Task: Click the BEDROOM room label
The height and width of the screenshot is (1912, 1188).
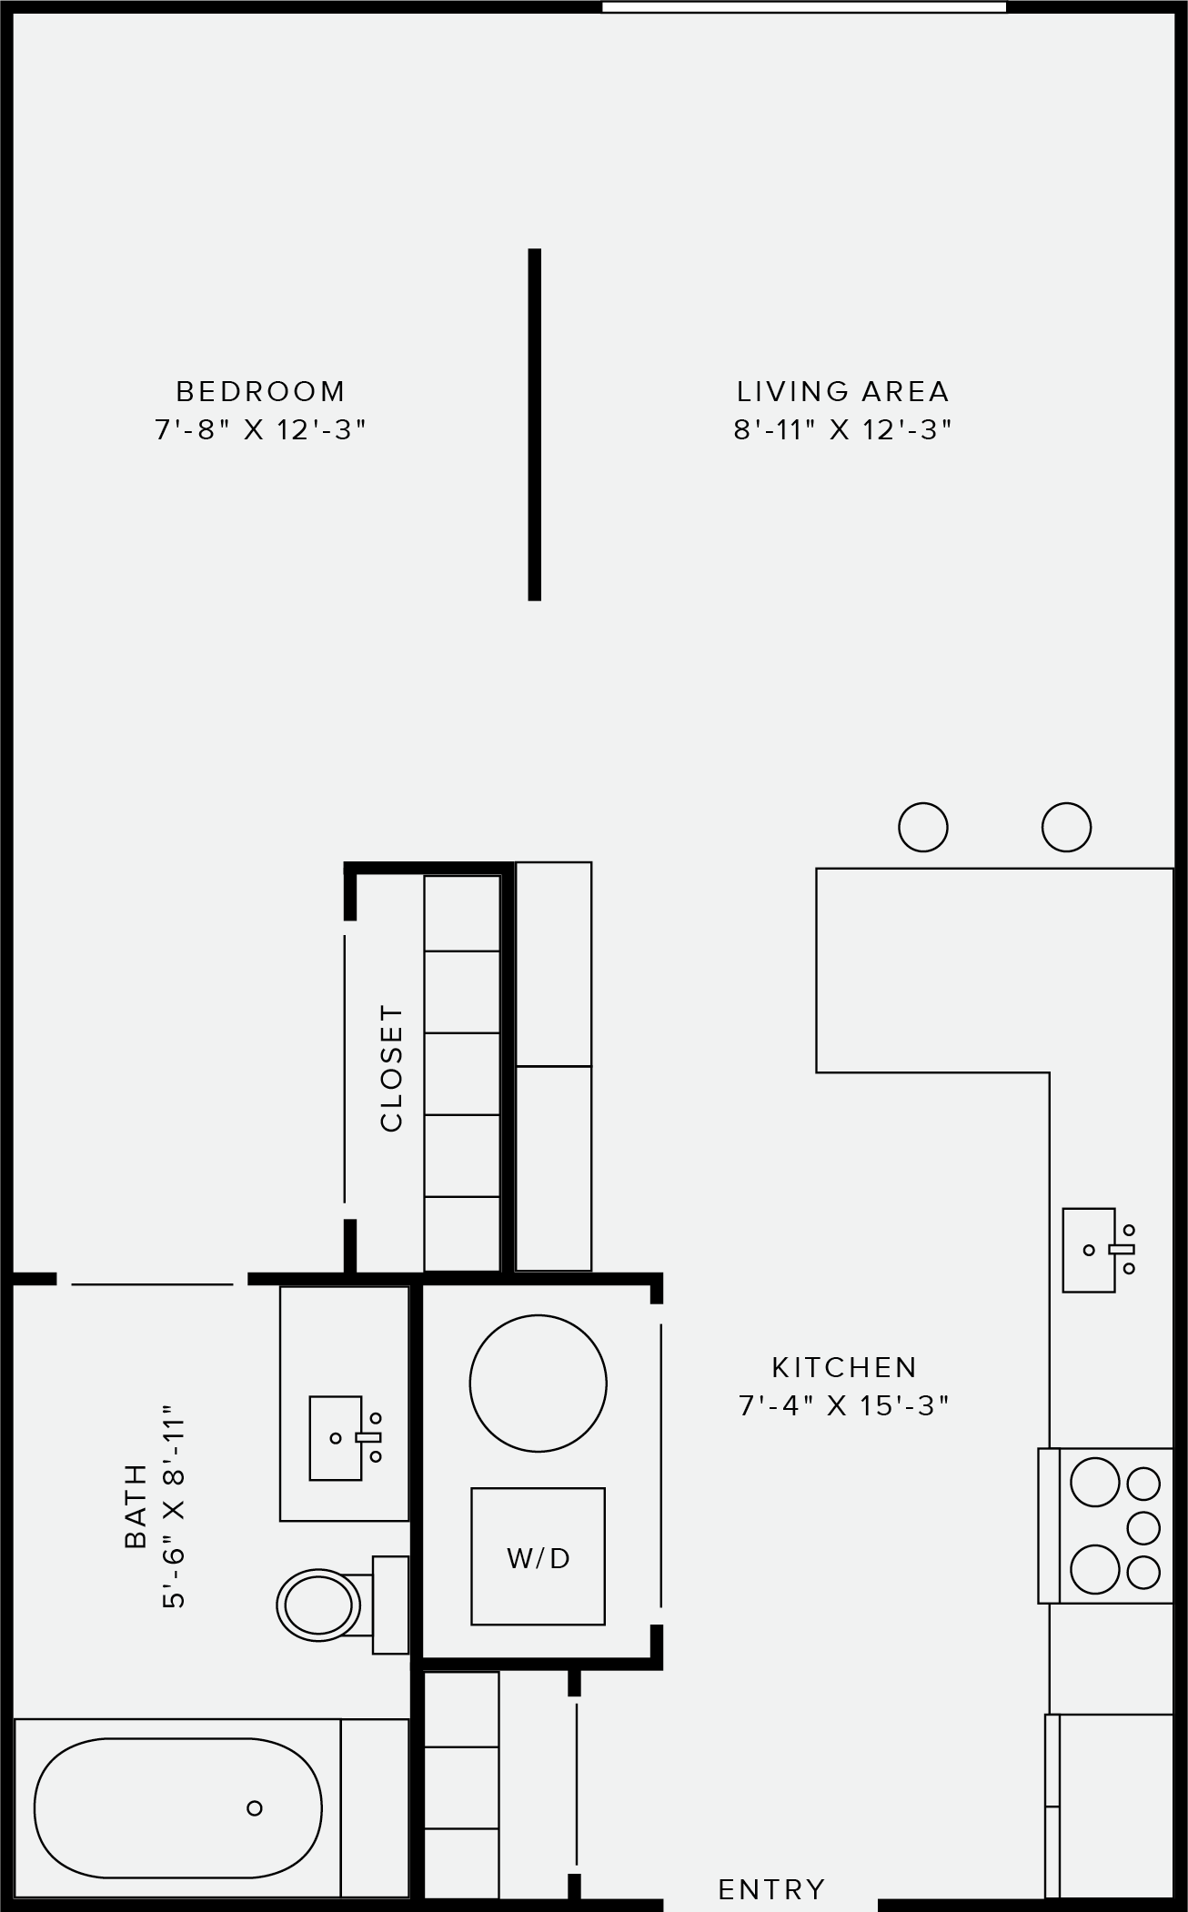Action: tap(260, 391)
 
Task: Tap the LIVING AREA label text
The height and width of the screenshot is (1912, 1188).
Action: tap(843, 391)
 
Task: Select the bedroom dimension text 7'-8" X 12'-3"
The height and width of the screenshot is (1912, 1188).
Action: tap(260, 429)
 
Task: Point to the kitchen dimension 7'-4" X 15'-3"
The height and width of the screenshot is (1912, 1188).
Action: tap(843, 1405)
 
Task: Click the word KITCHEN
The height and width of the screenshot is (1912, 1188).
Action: tap(844, 1367)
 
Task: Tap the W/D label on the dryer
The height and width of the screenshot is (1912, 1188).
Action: tap(539, 1558)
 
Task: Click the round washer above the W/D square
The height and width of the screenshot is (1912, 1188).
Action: tap(538, 1384)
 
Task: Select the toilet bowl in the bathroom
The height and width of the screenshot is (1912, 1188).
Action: tap(317, 1605)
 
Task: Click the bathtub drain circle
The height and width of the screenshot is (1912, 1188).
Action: tap(255, 1807)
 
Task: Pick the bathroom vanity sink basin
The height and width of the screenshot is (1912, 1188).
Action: tap(336, 1438)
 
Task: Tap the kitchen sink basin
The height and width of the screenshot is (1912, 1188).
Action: tap(1089, 1250)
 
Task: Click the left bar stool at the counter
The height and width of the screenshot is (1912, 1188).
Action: tap(922, 827)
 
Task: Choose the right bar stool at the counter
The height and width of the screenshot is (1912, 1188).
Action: tap(1066, 827)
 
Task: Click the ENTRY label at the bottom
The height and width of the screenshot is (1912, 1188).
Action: tap(771, 1889)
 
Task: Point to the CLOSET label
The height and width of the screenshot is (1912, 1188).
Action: tap(391, 1068)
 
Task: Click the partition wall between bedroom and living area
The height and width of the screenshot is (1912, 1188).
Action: tap(535, 424)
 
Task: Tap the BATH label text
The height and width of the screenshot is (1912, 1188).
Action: tap(135, 1505)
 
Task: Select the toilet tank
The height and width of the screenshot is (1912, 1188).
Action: tap(390, 1605)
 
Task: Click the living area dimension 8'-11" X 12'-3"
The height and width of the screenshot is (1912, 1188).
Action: tap(843, 429)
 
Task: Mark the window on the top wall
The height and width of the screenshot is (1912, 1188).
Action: tap(804, 7)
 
